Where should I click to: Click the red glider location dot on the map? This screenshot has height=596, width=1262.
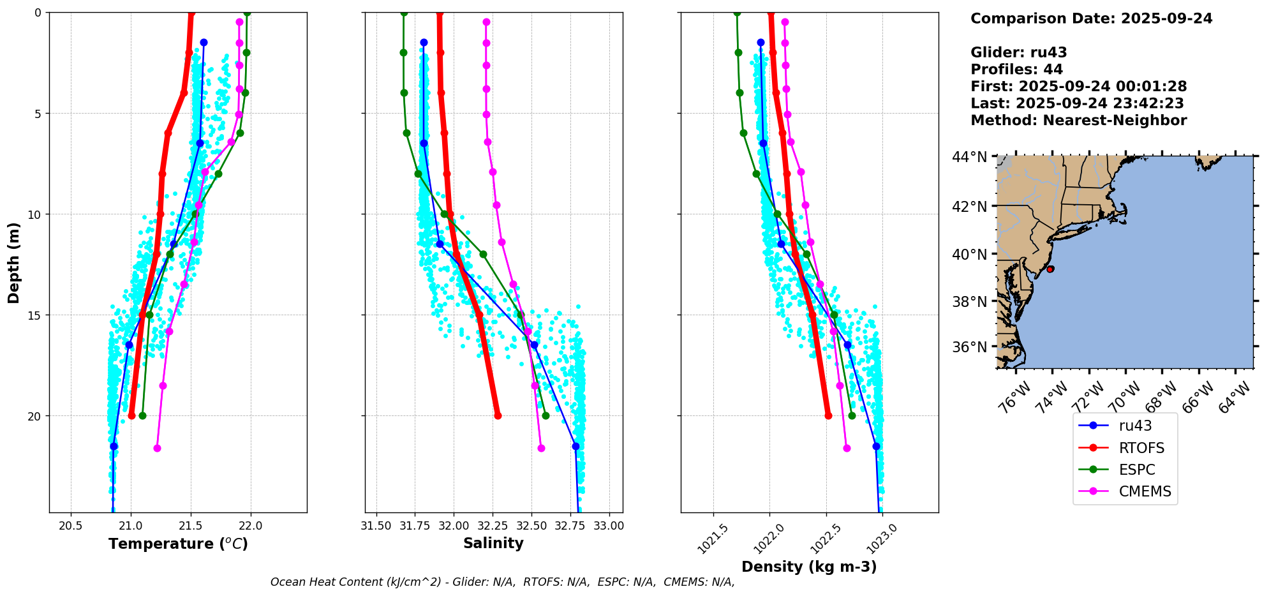1050,269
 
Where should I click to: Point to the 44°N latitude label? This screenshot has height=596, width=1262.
969,157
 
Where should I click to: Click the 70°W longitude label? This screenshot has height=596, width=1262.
1126,397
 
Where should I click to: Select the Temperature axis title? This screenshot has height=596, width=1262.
178,544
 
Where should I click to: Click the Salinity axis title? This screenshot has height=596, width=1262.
493,543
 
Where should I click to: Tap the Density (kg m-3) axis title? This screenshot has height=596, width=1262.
809,567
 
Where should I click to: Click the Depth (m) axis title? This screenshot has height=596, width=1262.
13,262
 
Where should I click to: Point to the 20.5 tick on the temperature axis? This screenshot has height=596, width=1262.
71,526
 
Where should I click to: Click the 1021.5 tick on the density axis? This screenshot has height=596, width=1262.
714,539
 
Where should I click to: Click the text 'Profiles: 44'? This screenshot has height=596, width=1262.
1016,70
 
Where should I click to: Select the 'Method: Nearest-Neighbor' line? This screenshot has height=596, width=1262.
1078,121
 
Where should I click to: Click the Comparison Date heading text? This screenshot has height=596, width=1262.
1091,19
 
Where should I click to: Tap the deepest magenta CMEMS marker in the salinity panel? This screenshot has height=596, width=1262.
541,448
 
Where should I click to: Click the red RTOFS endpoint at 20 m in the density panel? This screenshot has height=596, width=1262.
828,415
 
